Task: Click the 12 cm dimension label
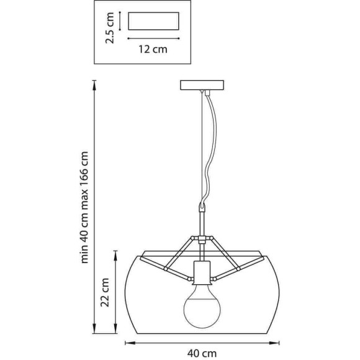tap(153, 50)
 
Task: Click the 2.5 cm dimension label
tap(109, 28)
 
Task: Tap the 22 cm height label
tap(105, 292)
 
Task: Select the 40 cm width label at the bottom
tap(202, 353)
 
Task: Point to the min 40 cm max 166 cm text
tap(84, 207)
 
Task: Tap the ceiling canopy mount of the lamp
tap(202, 84)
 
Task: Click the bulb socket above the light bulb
tap(202, 272)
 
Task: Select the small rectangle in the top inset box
tap(153, 21)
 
